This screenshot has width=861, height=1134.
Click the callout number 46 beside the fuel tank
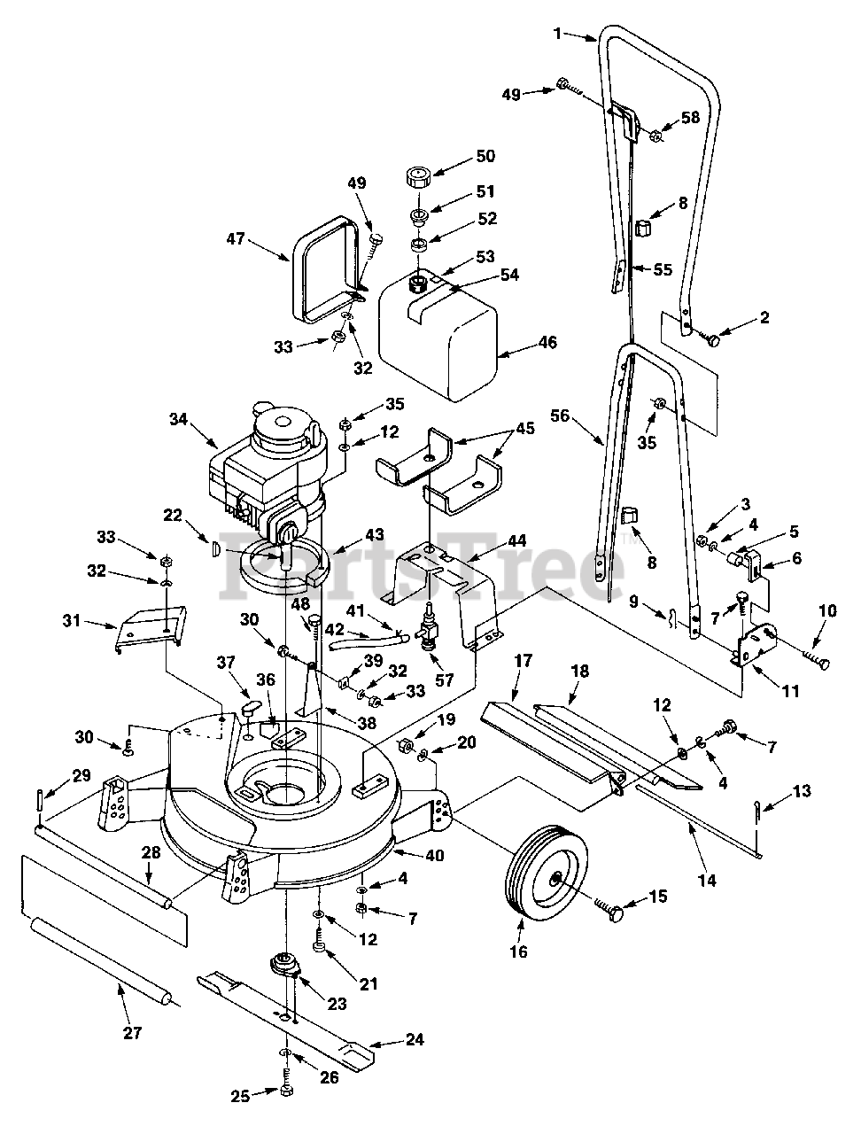click(547, 342)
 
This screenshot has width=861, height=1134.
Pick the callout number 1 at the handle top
click(557, 34)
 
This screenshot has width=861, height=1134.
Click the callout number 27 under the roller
click(132, 1033)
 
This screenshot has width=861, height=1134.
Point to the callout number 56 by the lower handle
click(561, 416)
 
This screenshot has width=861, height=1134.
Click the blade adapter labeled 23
click(283, 966)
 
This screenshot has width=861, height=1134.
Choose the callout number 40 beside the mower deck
click(434, 855)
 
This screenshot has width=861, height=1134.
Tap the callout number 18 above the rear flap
click(580, 672)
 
